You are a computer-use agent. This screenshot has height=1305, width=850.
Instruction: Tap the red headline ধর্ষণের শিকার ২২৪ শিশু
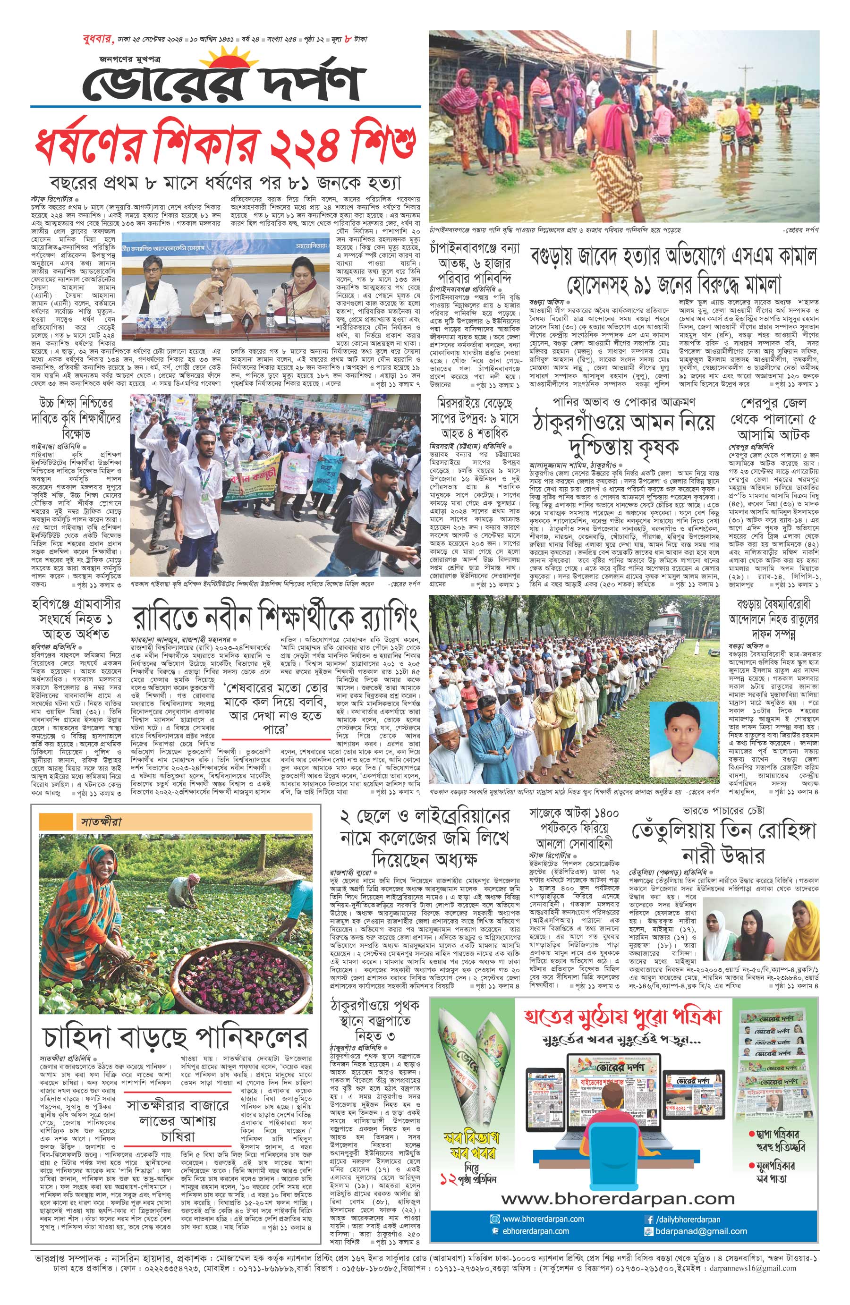click(x=225, y=144)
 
